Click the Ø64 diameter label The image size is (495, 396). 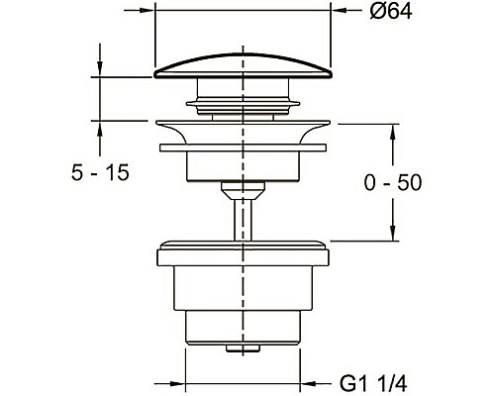[391, 12]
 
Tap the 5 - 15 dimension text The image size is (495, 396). [100, 172]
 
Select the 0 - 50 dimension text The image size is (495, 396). [393, 183]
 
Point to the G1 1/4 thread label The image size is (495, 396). [374, 384]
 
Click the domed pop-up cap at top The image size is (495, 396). [243, 66]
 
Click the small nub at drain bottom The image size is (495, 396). [243, 348]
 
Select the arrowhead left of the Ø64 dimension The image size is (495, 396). [148, 10]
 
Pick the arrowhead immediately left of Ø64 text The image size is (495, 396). [339, 10]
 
